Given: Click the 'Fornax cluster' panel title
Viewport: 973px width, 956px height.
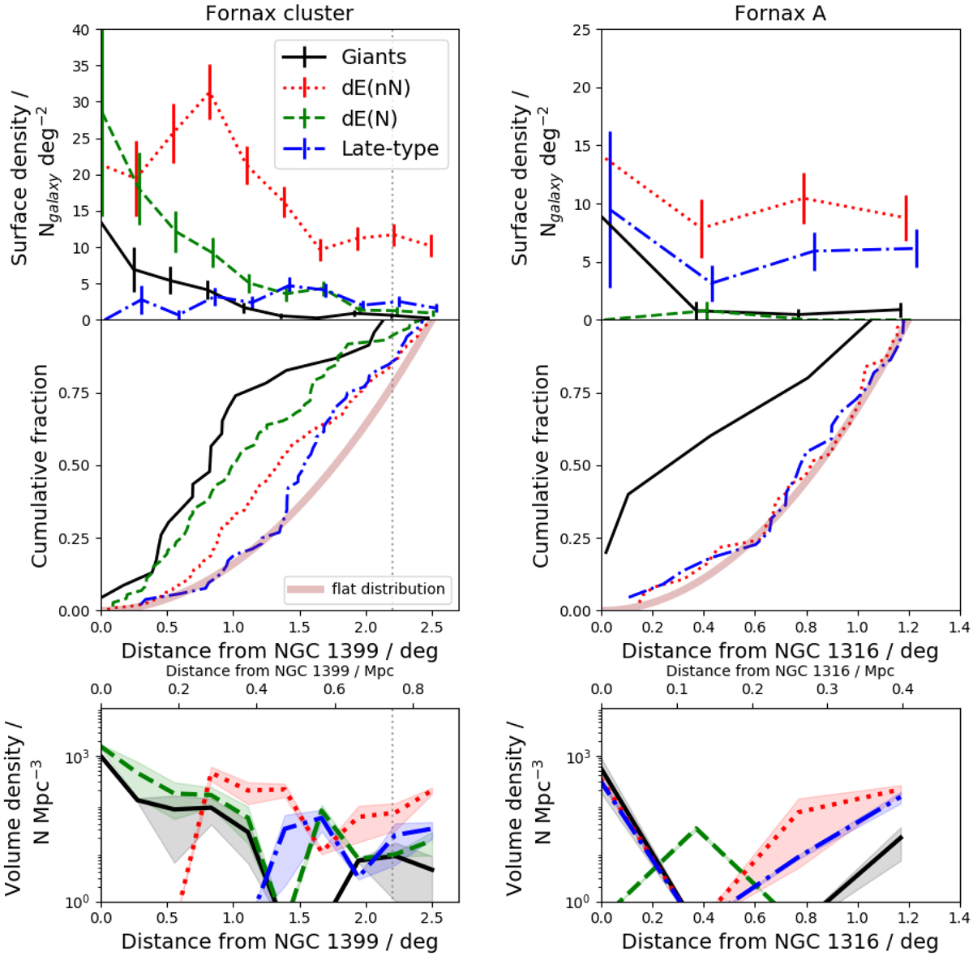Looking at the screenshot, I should click(x=279, y=13).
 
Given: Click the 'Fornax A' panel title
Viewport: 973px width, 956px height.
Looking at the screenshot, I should click(x=780, y=13).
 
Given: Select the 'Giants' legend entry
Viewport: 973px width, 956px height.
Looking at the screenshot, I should click(x=374, y=58).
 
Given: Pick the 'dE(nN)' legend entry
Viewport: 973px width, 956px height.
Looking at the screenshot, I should click(x=376, y=88).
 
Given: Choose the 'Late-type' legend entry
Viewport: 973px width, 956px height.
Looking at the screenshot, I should click(x=390, y=149).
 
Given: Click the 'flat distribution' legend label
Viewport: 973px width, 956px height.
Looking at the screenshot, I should click(x=388, y=589).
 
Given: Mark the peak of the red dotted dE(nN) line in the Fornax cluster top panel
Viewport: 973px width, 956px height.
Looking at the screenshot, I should click(x=210, y=93).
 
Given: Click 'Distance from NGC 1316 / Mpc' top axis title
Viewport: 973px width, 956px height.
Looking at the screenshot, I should click(x=780, y=671).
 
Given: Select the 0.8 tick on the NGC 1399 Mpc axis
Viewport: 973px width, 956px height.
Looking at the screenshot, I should click(x=414, y=690).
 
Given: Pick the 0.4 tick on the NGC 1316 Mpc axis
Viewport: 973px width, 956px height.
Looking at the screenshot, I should click(x=903, y=690).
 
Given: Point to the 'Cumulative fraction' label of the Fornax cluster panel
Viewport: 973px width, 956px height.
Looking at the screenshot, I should click(x=39, y=465).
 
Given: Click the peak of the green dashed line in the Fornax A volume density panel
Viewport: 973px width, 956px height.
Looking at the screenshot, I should click(x=694, y=829).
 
